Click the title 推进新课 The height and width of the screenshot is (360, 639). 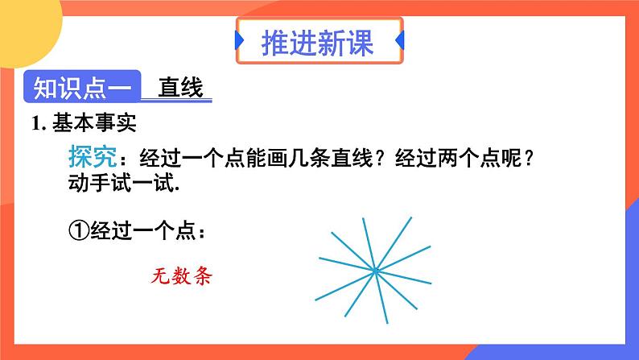click(x=319, y=42)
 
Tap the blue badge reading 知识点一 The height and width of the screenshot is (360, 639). click(x=84, y=87)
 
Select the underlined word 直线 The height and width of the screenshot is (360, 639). click(x=180, y=87)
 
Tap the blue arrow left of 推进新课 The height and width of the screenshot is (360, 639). click(x=240, y=41)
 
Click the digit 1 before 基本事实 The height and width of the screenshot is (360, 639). click(x=35, y=125)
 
